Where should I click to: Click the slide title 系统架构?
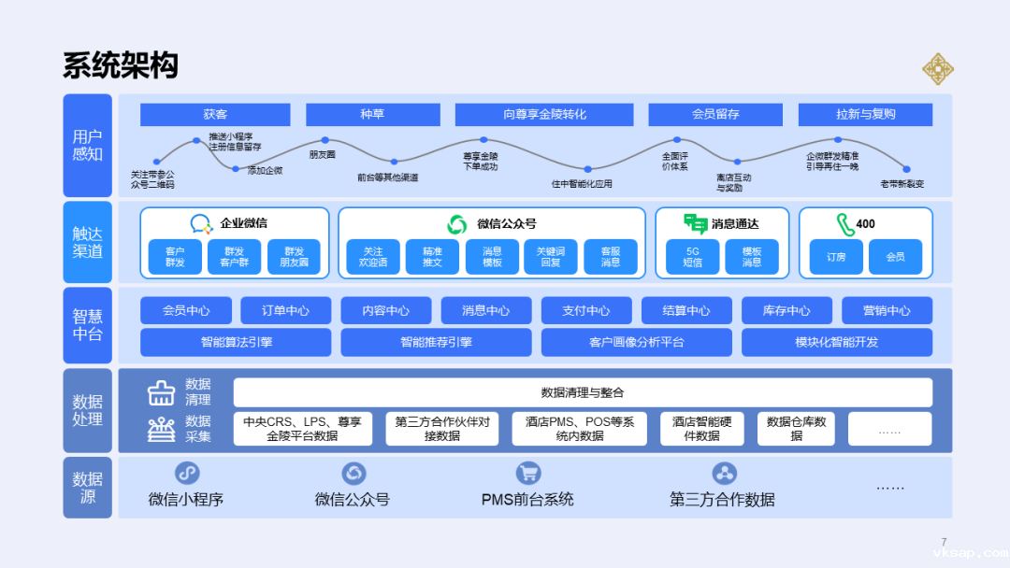120,66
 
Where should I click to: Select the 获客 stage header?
215,114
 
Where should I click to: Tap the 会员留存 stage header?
715,114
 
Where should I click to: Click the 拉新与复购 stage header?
865,114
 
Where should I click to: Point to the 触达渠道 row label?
87,242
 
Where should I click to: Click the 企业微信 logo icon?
202,224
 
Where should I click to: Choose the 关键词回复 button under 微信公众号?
551,257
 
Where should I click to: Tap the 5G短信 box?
693,257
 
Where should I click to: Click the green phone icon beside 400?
845,224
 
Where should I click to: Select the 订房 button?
835,257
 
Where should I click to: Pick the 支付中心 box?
586,310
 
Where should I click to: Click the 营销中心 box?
887,310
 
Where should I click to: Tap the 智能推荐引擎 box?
436,342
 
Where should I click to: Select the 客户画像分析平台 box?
636,342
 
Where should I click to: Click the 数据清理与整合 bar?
582,392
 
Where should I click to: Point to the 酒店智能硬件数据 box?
701,429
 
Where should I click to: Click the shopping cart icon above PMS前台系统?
527,474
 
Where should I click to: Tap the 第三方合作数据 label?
722,500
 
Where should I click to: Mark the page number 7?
944,542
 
